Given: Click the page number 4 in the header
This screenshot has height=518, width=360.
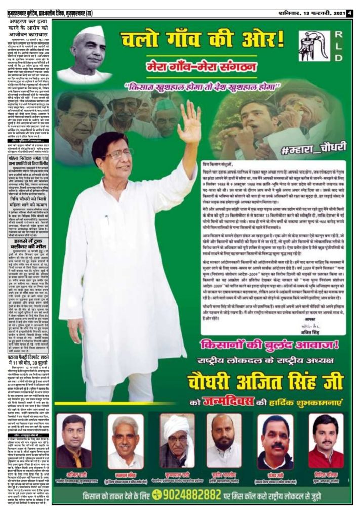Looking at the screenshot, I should click(x=349, y=13).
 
